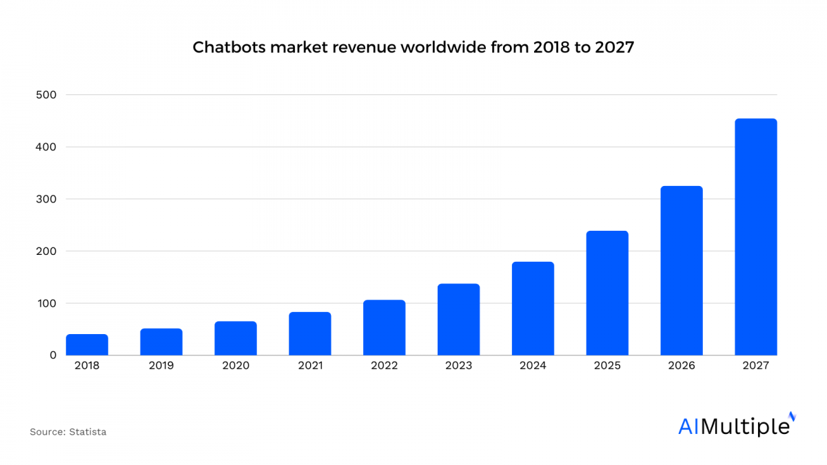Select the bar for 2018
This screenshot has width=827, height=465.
click(87, 344)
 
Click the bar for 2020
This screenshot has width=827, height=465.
click(236, 338)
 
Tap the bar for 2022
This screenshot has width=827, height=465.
click(385, 328)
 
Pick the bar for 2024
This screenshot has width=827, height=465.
click(533, 309)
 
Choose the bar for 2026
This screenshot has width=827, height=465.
click(682, 271)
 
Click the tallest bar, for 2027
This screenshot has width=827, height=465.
click(756, 237)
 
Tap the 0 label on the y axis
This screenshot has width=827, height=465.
click(52, 355)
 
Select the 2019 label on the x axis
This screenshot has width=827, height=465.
click(161, 366)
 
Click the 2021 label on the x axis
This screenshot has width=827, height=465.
click(310, 366)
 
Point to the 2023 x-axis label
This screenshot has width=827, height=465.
click(459, 366)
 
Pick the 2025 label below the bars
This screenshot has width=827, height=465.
click(607, 366)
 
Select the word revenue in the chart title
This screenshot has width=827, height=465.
click(349, 48)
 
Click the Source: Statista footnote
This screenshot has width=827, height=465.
click(68, 432)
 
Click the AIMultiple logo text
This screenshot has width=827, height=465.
click(733, 426)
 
